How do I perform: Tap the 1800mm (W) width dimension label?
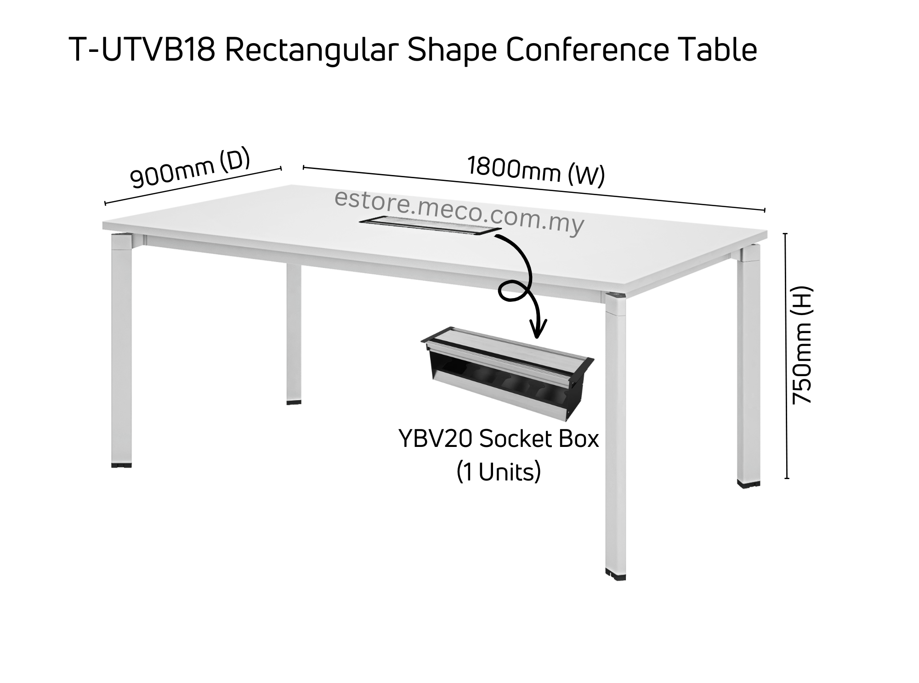pyautogui.click(x=535, y=172)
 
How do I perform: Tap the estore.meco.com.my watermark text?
pyautogui.click(x=459, y=212)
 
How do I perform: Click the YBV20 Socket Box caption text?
pyautogui.click(x=499, y=439)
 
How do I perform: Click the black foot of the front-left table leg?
pyautogui.click(x=121, y=465)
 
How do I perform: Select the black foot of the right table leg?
pyautogui.click(x=748, y=483)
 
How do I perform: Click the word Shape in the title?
pyautogui.click(x=452, y=51)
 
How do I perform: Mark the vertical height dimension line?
pyautogui.click(x=786, y=356)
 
